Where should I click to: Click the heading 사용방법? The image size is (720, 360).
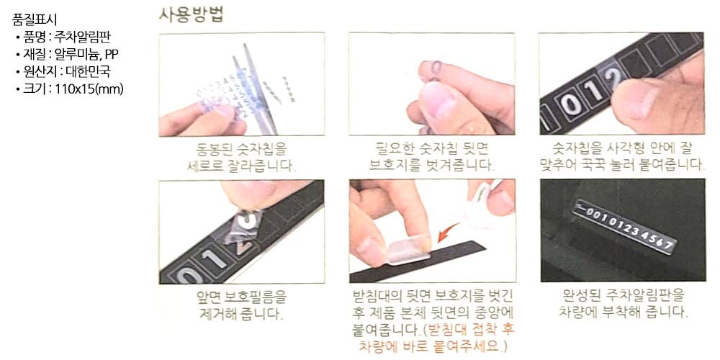coord(192,14)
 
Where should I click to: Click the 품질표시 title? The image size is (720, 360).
coord(35,19)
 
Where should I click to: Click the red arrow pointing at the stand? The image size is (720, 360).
coord(448,232)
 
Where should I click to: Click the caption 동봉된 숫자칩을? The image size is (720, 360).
coord(241,149)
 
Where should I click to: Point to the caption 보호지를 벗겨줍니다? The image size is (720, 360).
coord(431,164)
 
